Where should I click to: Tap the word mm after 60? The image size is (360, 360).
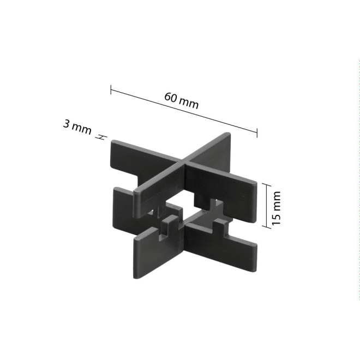(188, 104)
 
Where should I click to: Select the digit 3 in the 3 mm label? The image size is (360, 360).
(66, 124)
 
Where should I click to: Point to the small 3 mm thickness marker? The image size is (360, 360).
(101, 137)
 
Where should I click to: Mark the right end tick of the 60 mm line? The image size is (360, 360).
(257, 131)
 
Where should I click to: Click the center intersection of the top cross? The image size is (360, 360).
(183, 163)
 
